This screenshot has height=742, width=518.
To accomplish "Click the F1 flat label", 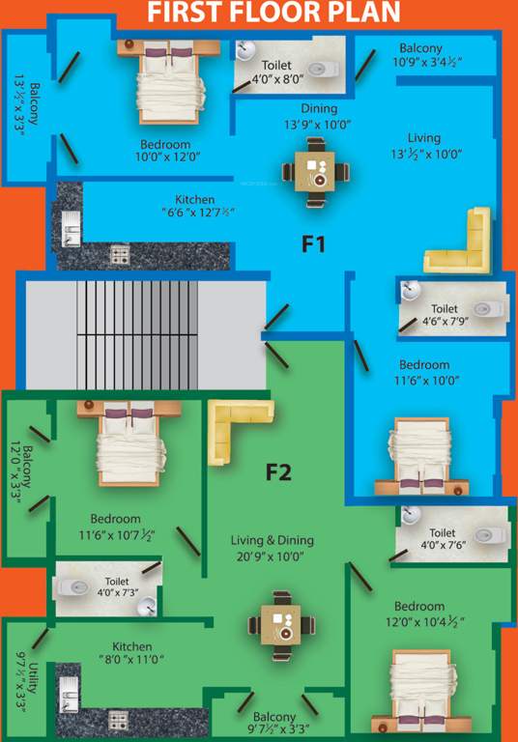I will tap(312, 244).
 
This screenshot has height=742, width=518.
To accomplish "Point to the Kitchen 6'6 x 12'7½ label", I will tap(201, 206).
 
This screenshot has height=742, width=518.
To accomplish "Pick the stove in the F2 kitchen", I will tap(118, 720).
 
